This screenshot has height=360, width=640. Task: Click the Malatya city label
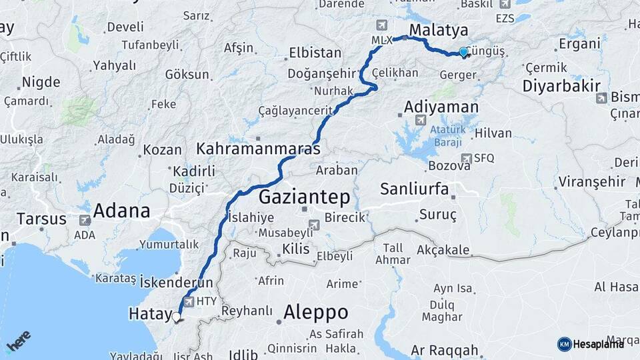pos(438,30)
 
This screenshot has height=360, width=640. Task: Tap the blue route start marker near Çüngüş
pos(464,52)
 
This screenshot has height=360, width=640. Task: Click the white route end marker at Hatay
pos(177,317)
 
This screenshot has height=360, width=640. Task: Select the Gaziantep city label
pos(303,197)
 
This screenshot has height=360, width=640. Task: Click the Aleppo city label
pos(315,312)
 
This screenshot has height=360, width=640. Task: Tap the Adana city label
pos(121,211)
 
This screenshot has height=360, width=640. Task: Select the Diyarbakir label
pos(561,86)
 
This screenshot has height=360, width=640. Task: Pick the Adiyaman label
pos(441,107)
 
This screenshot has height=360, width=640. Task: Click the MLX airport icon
pos(381,26)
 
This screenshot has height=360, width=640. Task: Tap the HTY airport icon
pos(190,301)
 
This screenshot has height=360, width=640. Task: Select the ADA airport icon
pos(85,219)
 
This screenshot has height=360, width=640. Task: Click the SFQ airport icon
pos(467,158)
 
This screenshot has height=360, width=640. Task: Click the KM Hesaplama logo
pos(590,344)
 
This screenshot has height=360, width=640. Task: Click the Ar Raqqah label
pos(444,351)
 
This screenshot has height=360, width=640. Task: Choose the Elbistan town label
pos(315,53)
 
